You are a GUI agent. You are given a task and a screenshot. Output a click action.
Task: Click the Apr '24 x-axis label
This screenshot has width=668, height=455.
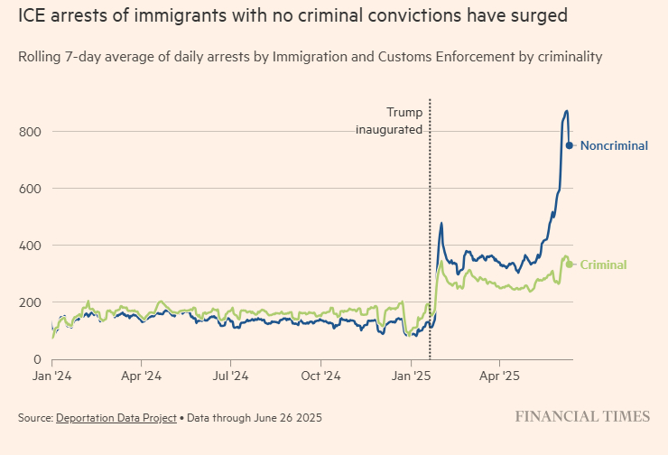click(x=141, y=374)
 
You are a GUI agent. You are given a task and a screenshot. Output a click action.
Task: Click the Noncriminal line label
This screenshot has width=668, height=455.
click(x=614, y=145)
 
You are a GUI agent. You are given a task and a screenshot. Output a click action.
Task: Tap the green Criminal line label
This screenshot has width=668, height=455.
click(x=603, y=265)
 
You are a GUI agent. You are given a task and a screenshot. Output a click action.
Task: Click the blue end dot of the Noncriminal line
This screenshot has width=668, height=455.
click(x=570, y=145)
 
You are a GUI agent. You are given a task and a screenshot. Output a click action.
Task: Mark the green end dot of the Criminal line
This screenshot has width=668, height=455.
click(x=570, y=265)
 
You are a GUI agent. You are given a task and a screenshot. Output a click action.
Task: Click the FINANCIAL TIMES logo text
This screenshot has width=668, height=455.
click(x=582, y=416)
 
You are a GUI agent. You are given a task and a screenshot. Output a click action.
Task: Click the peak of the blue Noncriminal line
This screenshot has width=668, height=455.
click(x=566, y=111)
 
